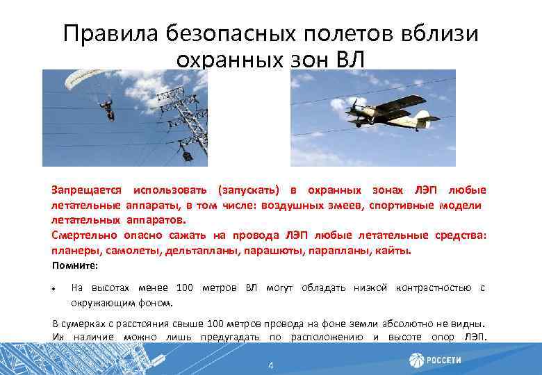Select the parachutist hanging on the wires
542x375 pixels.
[106, 108]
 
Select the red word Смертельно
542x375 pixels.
[84, 235]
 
